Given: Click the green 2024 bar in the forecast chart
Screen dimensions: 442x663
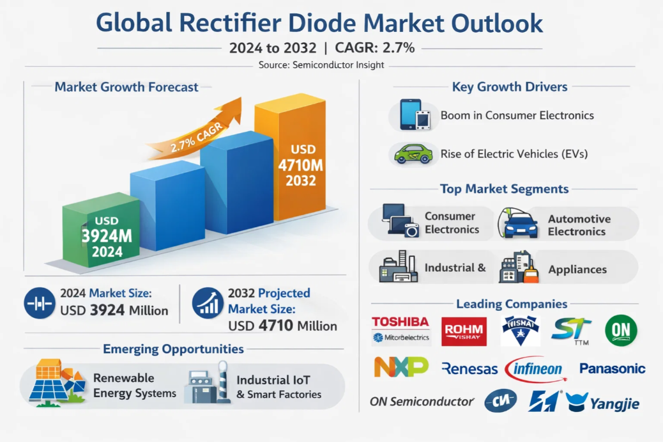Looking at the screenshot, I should (x=102, y=233).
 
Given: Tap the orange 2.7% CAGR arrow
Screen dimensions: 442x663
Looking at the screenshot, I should (x=198, y=131).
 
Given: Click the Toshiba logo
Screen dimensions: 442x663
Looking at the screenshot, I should (x=400, y=322).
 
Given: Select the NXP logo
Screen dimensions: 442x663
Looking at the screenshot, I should (x=400, y=367).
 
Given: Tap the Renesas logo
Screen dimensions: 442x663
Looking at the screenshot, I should (x=469, y=368).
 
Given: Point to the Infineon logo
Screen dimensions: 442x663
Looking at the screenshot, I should (x=535, y=369).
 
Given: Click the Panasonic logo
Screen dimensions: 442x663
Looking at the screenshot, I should (x=612, y=368).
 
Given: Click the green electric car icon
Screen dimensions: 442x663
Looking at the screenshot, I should (x=413, y=154).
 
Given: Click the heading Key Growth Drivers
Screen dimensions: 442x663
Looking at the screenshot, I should (x=509, y=87).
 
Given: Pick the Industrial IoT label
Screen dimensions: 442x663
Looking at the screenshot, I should (x=279, y=380).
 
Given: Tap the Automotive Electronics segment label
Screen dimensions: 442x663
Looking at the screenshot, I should (x=579, y=225).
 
